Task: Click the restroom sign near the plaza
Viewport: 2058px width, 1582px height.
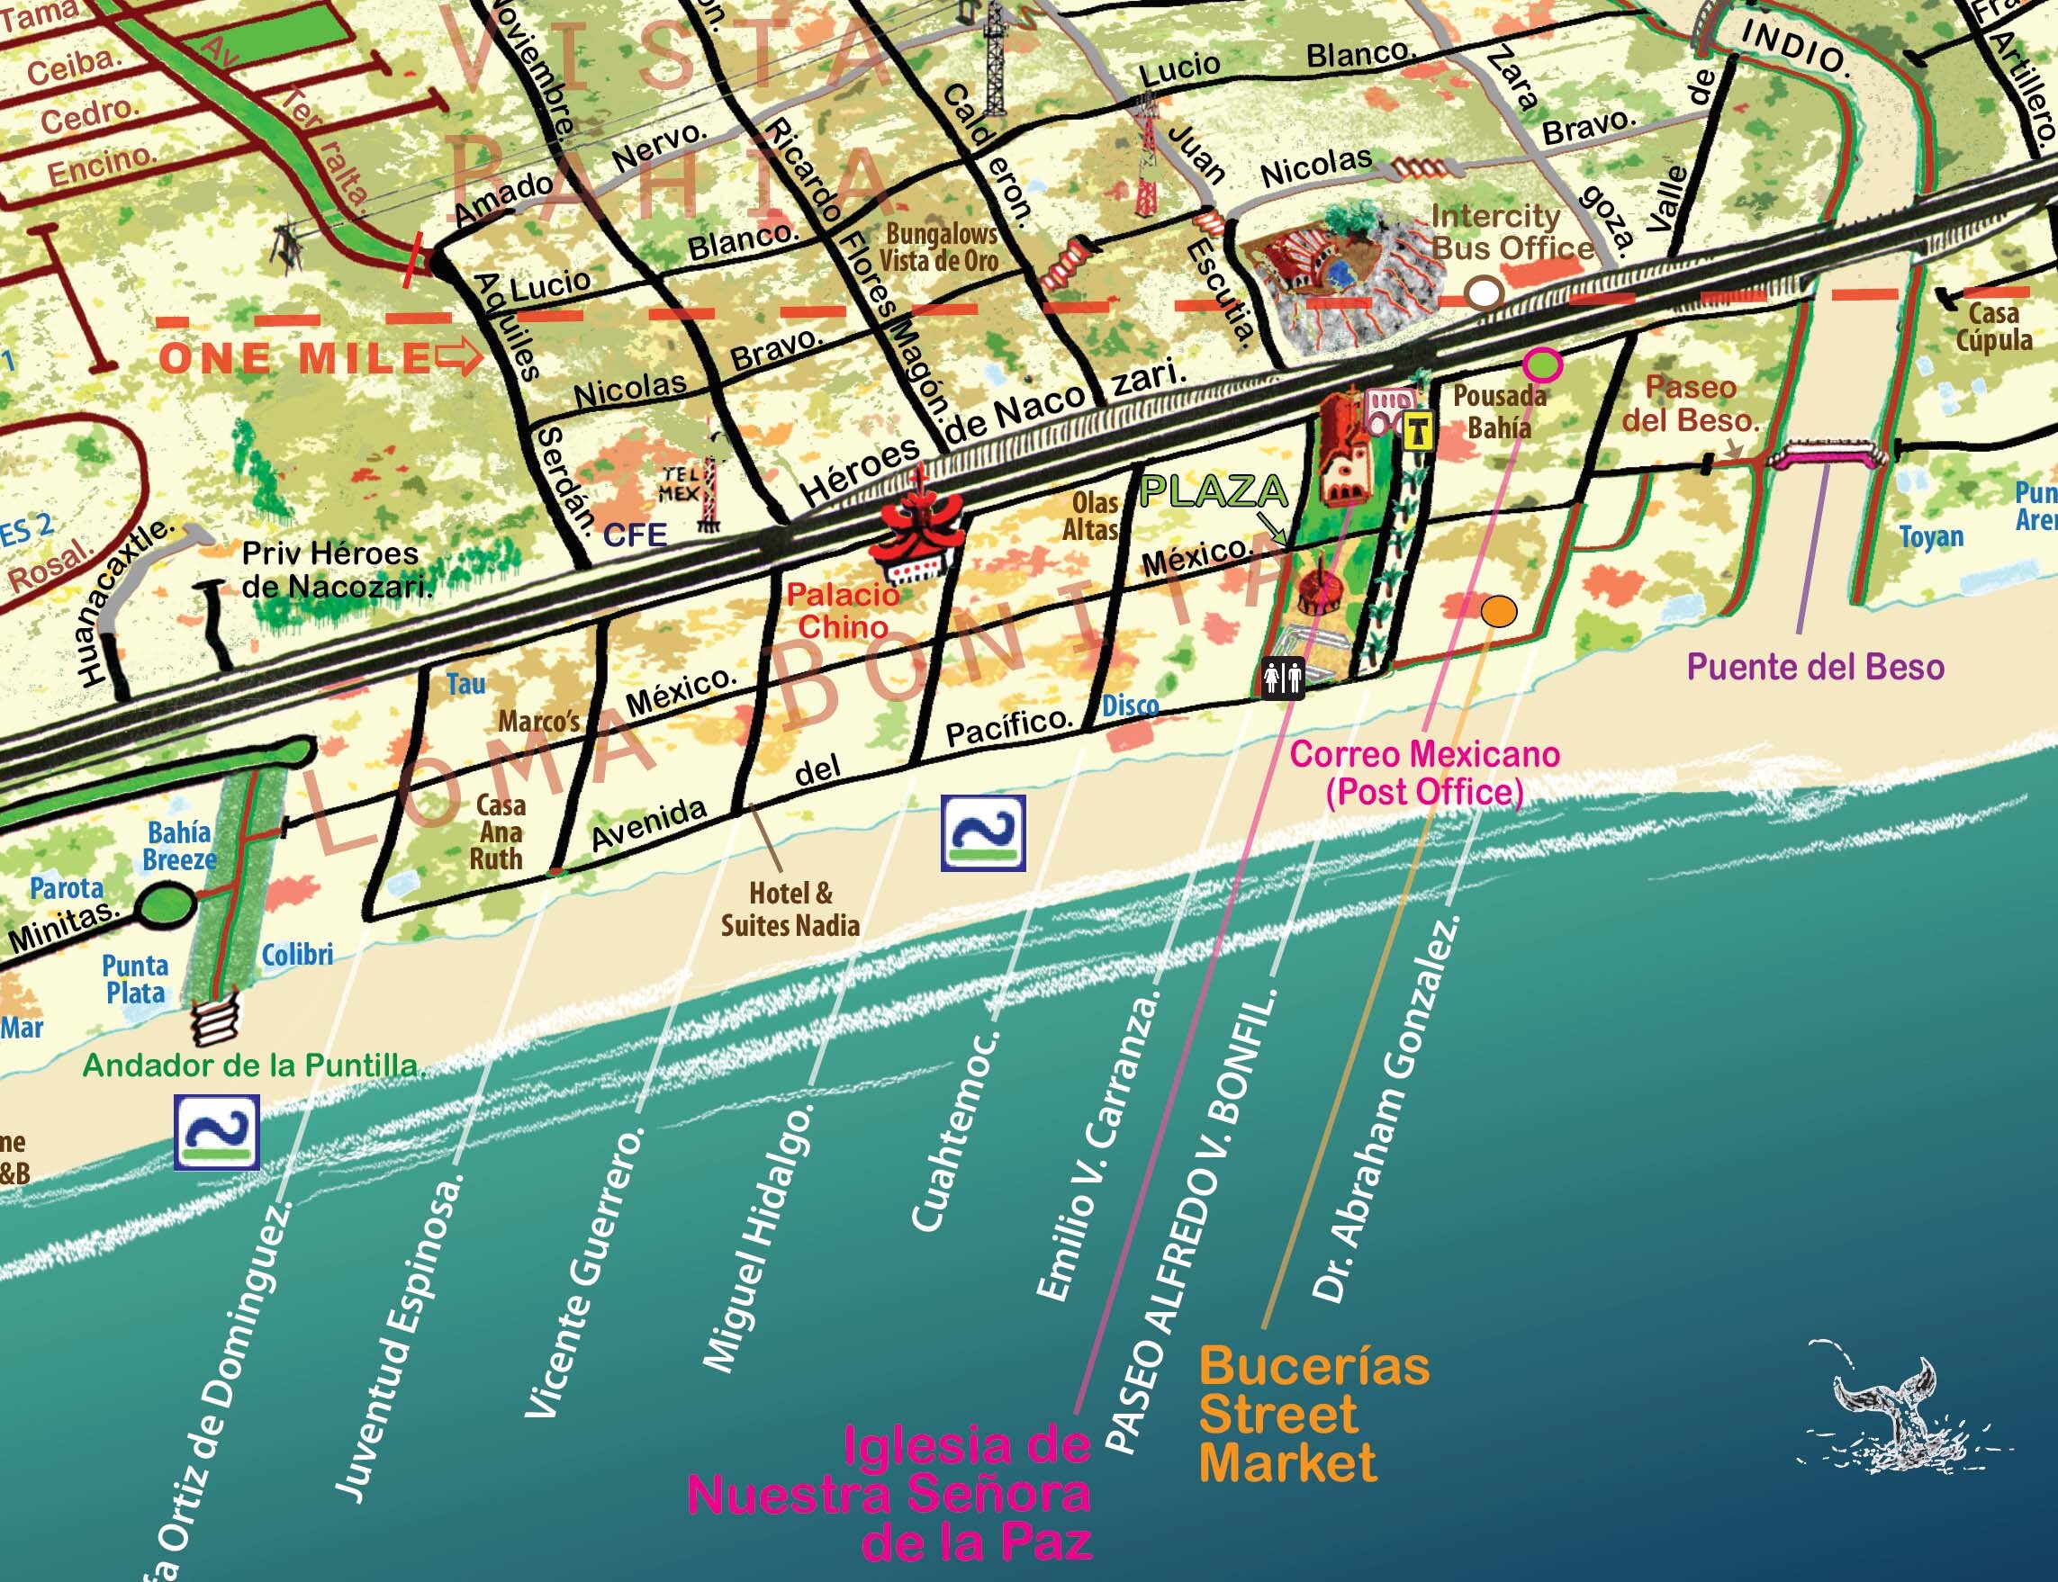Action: tap(1284, 677)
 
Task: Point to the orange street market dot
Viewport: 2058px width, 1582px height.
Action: tap(1499, 610)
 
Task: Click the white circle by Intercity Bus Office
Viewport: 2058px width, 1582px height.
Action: tap(1485, 293)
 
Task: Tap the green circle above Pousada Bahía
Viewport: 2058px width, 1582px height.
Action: tap(1543, 364)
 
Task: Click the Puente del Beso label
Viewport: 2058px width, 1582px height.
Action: tap(1815, 667)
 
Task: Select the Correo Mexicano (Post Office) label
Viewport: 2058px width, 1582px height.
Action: tap(1424, 772)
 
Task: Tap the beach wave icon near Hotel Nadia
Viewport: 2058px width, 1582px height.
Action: tap(983, 832)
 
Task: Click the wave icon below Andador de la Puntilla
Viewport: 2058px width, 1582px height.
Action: tap(217, 1131)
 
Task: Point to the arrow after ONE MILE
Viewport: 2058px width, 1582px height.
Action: tap(459, 358)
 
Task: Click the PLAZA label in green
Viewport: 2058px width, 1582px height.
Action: tap(1214, 490)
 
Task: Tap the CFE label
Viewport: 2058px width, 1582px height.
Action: tap(634, 535)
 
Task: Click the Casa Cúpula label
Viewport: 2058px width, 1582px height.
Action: tap(1994, 326)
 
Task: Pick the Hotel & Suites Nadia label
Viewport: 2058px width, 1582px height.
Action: tap(790, 910)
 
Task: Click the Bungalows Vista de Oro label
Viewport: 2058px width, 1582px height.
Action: tap(938, 247)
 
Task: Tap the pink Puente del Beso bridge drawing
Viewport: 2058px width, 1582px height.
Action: tap(1828, 458)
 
